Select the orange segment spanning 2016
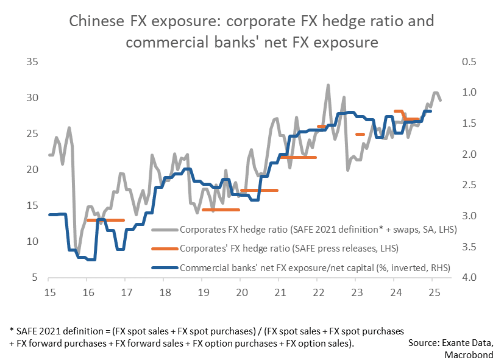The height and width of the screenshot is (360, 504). click(105, 220)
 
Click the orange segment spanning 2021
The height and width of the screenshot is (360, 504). click(298, 157)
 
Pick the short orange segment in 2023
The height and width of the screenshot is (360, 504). click(360, 134)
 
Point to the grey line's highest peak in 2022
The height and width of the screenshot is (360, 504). click(328, 85)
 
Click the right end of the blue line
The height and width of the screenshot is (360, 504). click(431, 111)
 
